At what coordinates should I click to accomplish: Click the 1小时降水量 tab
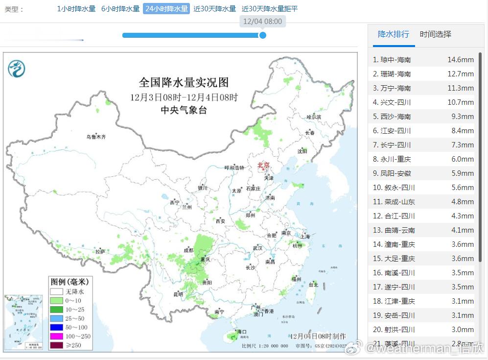(x=76, y=9)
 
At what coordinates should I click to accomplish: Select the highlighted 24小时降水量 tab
(x=166, y=9)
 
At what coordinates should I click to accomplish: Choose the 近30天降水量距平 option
(x=270, y=9)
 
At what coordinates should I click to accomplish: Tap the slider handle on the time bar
(x=262, y=35)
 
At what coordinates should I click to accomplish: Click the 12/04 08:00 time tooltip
(x=262, y=22)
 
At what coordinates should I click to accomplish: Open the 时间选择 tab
(x=436, y=34)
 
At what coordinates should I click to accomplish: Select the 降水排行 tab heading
(x=394, y=34)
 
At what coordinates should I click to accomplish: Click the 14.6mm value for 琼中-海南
(x=461, y=60)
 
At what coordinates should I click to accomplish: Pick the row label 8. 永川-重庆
(x=392, y=159)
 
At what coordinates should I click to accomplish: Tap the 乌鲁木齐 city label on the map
(x=96, y=137)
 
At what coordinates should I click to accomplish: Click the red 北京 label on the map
(x=264, y=166)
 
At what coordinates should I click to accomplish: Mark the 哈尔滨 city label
(x=313, y=118)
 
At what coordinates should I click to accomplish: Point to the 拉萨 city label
(x=100, y=252)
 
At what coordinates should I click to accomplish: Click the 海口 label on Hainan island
(x=242, y=332)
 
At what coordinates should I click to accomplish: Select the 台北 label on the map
(x=313, y=285)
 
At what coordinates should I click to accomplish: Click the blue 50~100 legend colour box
(x=57, y=327)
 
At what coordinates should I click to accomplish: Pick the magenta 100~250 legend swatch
(x=57, y=336)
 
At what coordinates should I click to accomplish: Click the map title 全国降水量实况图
(x=184, y=82)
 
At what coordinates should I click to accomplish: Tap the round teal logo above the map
(x=17, y=69)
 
